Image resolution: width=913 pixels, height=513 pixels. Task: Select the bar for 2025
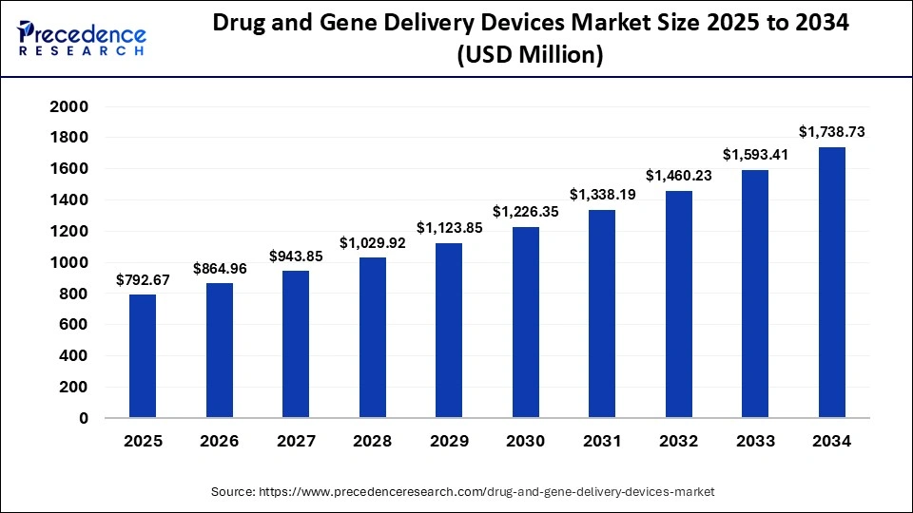click(143, 356)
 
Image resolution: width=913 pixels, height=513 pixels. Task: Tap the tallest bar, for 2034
click(832, 282)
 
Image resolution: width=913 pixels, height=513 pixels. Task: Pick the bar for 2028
click(373, 337)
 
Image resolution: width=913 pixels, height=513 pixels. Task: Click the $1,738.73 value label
click(832, 131)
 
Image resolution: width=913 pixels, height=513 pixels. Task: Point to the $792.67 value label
click(143, 279)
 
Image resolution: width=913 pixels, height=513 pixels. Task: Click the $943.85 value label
click(296, 256)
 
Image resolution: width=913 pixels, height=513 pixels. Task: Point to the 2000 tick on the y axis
click(68, 106)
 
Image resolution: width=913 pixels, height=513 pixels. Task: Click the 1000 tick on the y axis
click(68, 262)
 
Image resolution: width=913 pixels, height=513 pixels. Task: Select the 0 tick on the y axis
click(84, 418)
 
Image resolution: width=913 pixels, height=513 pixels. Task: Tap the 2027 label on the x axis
click(296, 441)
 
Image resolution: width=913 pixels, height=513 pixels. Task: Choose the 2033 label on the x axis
click(755, 441)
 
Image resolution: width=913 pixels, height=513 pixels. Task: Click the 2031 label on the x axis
click(602, 441)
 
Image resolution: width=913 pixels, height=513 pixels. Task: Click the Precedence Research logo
click(82, 41)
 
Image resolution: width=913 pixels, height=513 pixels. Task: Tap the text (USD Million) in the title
click(530, 56)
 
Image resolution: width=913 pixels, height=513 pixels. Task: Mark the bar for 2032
click(679, 304)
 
